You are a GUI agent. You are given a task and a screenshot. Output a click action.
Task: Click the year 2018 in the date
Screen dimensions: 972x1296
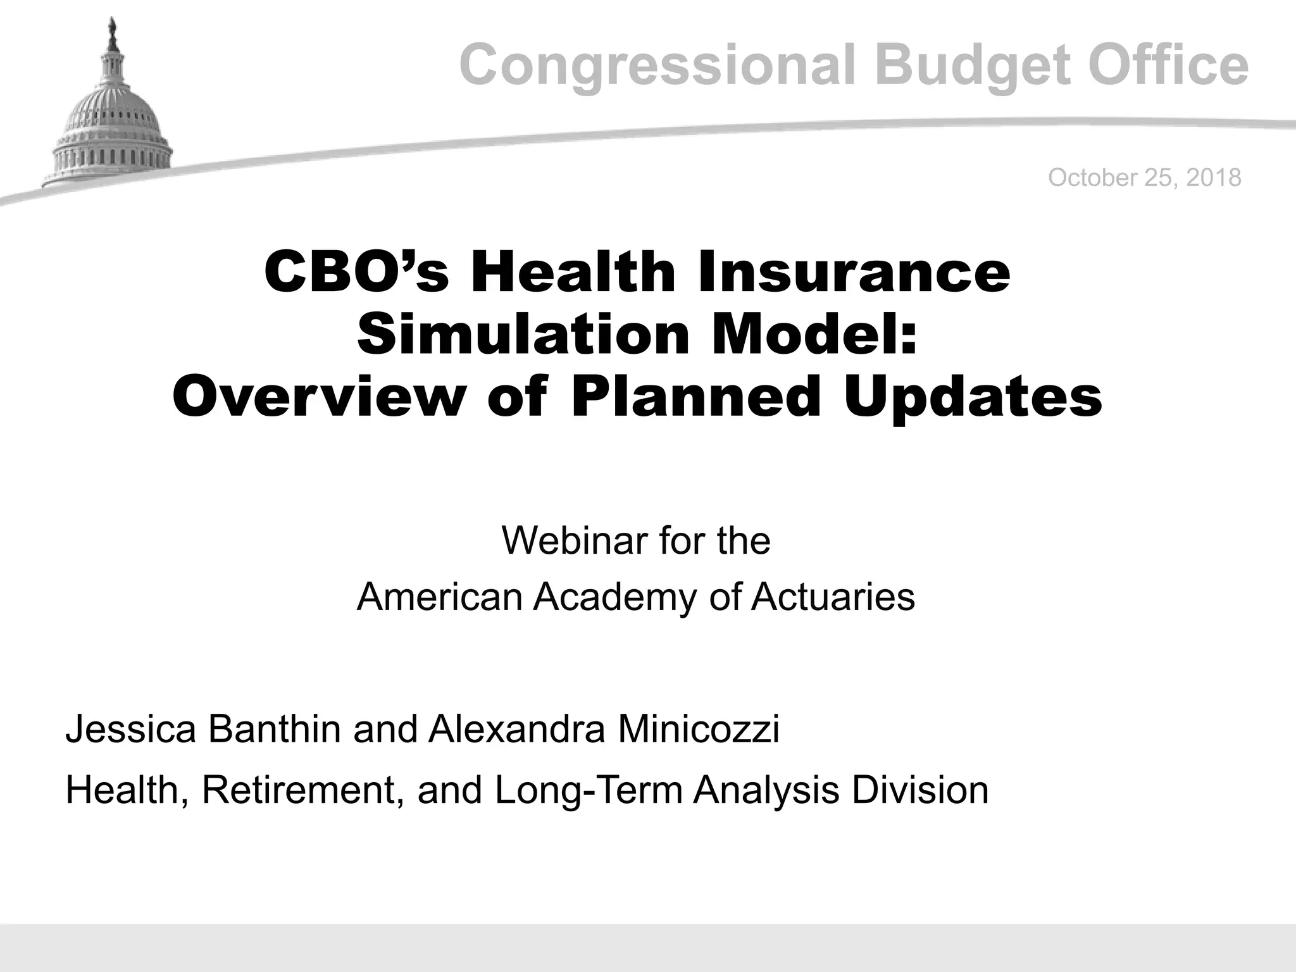(1214, 178)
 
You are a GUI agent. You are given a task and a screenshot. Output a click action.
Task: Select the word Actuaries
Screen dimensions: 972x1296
(833, 597)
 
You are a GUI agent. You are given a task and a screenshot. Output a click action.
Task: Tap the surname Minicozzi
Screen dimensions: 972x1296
(698, 729)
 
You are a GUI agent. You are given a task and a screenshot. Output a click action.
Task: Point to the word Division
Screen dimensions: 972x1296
(920, 791)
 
